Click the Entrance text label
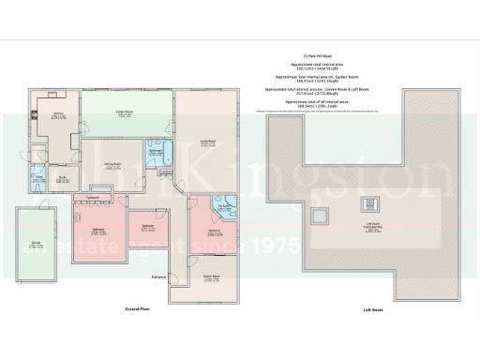point(157,277)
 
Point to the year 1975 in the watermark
point(271,248)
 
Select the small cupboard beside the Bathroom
point(166,172)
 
